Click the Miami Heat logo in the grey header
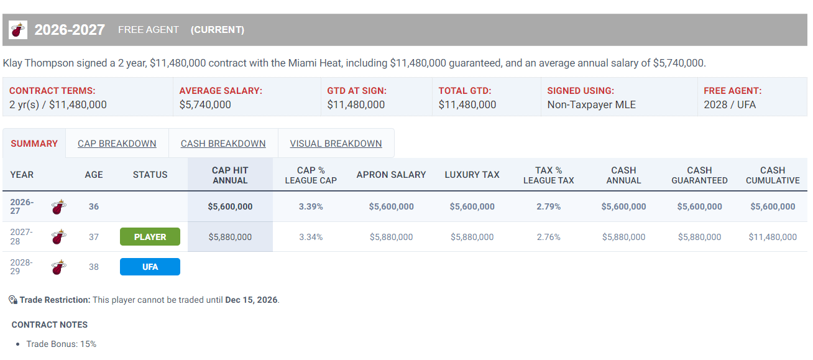[18, 30]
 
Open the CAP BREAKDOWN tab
[117, 144]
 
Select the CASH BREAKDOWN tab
[223, 144]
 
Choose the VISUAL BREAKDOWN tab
[336, 144]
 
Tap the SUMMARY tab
[34, 144]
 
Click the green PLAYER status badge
[150, 237]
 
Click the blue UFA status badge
[150, 267]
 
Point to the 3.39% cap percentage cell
[311, 206]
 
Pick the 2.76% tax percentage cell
[548, 237]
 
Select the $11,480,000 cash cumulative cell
[773, 237]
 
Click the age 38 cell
[94, 267]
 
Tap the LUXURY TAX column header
[472, 175]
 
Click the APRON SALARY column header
[391, 175]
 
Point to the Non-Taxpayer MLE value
[591, 104]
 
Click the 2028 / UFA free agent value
[730, 104]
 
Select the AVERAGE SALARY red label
[221, 91]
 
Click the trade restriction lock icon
[13, 300]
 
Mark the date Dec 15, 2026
[251, 300]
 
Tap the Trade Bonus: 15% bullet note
[62, 344]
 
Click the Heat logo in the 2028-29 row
[59, 267]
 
